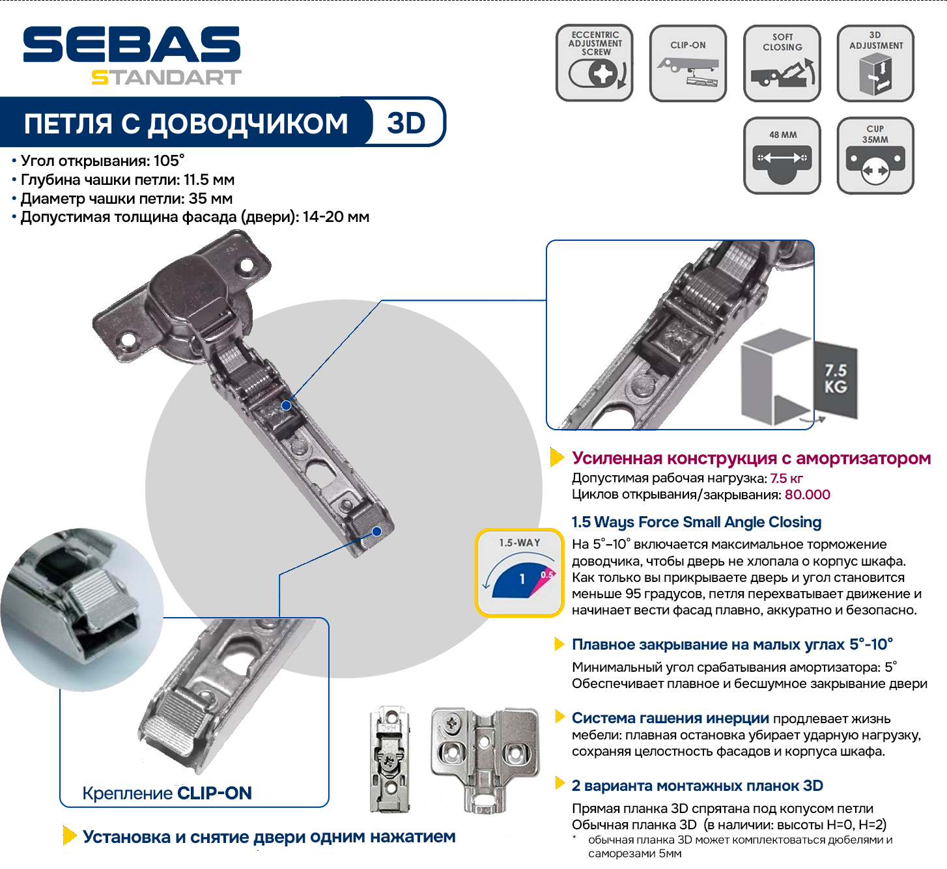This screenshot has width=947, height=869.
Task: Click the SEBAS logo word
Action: coord(132,44)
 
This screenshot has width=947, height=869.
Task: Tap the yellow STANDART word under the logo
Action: coord(166,77)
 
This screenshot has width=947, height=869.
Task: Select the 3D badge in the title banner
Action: coord(406,123)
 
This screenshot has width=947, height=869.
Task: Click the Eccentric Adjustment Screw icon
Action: coord(595,62)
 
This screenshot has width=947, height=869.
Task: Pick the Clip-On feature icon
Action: coord(688,62)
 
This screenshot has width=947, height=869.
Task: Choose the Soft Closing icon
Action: coord(782,62)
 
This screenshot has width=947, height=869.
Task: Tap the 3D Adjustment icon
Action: coord(875,62)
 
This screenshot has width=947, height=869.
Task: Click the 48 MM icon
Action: coord(782,156)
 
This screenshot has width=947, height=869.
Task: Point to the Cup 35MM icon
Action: coord(875,156)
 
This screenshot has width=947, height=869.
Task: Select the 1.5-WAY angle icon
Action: coord(519,573)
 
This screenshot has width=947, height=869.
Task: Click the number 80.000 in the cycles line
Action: coord(807,495)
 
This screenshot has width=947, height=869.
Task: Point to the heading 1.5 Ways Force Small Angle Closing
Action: coord(696,522)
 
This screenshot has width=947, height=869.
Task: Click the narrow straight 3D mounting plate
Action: coord(390,760)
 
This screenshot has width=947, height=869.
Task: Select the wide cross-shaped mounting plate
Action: coord(485,760)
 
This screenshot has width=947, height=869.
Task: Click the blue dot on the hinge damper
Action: coord(286,406)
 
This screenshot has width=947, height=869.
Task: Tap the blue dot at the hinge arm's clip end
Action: coord(376,532)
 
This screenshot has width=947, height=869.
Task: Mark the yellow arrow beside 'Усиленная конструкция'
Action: coord(557,458)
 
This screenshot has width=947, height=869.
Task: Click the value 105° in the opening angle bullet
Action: coord(169,161)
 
